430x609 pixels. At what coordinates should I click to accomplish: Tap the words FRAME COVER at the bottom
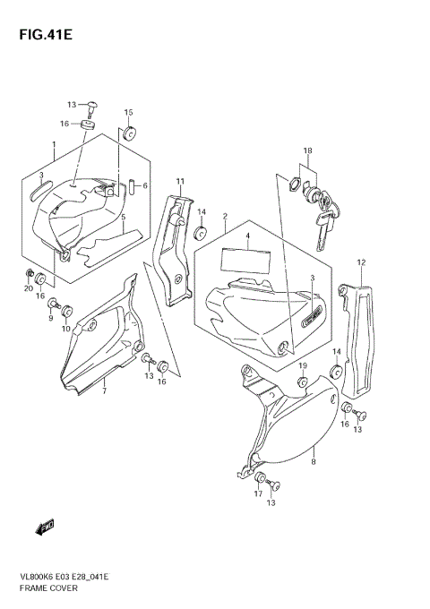pyautogui.click(x=45, y=590)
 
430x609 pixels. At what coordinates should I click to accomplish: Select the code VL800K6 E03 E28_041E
pyautogui.click(x=66, y=577)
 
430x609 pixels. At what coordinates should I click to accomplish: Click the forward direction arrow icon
pyautogui.click(x=46, y=528)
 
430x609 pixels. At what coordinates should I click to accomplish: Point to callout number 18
pyautogui.click(x=307, y=150)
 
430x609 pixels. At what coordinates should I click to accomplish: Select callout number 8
pyautogui.click(x=314, y=464)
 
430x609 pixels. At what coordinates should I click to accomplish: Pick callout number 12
pyautogui.click(x=361, y=262)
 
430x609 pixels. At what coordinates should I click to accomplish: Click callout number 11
pyautogui.click(x=180, y=183)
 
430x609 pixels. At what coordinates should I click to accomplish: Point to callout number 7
pyautogui.click(x=104, y=391)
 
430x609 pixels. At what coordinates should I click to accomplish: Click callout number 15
pyautogui.click(x=128, y=113)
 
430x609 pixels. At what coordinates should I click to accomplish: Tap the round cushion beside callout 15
pyautogui.click(x=129, y=134)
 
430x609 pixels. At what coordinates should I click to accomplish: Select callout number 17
pyautogui.click(x=258, y=493)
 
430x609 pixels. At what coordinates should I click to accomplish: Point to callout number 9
pyautogui.click(x=52, y=317)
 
